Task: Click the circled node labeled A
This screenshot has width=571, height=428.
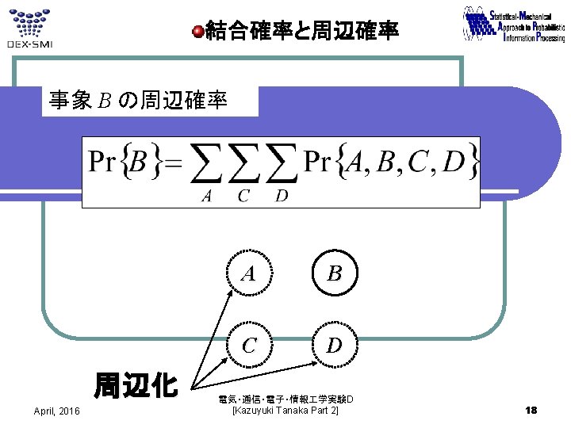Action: click(249, 273)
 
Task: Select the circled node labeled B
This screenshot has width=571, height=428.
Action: click(335, 273)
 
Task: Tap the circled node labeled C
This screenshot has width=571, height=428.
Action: click(249, 346)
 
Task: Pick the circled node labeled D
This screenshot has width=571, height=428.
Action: click(335, 346)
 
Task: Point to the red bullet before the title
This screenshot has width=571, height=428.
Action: click(198, 32)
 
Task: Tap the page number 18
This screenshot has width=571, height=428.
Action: click(531, 409)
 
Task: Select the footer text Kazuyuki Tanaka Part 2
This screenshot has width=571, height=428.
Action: click(285, 410)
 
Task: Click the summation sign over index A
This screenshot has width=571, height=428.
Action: click(208, 164)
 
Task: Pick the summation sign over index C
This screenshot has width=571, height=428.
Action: click(245, 164)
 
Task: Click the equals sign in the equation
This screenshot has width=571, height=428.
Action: click(173, 163)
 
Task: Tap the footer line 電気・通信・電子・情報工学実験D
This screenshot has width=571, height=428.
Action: click(285, 398)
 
